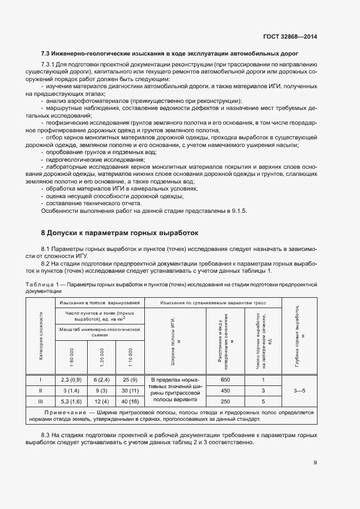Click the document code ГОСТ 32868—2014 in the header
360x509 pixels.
pyautogui.click(x=290, y=36)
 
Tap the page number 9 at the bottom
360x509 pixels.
pyautogui.click(x=315, y=463)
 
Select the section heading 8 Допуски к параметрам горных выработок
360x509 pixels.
pyautogui.click(x=120, y=233)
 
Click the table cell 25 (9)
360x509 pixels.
pyautogui.click(x=130, y=380)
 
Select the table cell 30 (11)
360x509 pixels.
pyautogui.click(x=130, y=390)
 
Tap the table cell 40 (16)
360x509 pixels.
pyautogui.click(x=130, y=401)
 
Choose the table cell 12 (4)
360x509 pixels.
pyautogui.click(x=102, y=401)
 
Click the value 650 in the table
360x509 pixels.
pyautogui.click(x=225, y=380)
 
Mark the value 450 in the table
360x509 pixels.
pyautogui.click(x=225, y=390)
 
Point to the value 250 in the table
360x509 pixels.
pyautogui.click(x=225, y=401)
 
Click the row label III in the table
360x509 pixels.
pyautogui.click(x=40, y=401)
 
